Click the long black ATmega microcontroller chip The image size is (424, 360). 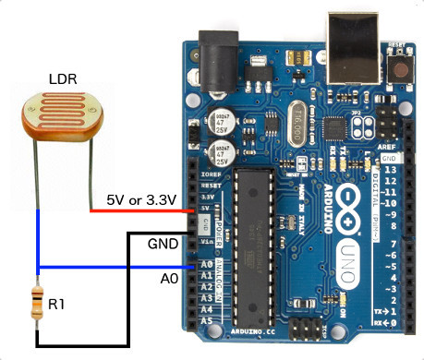[251, 239]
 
